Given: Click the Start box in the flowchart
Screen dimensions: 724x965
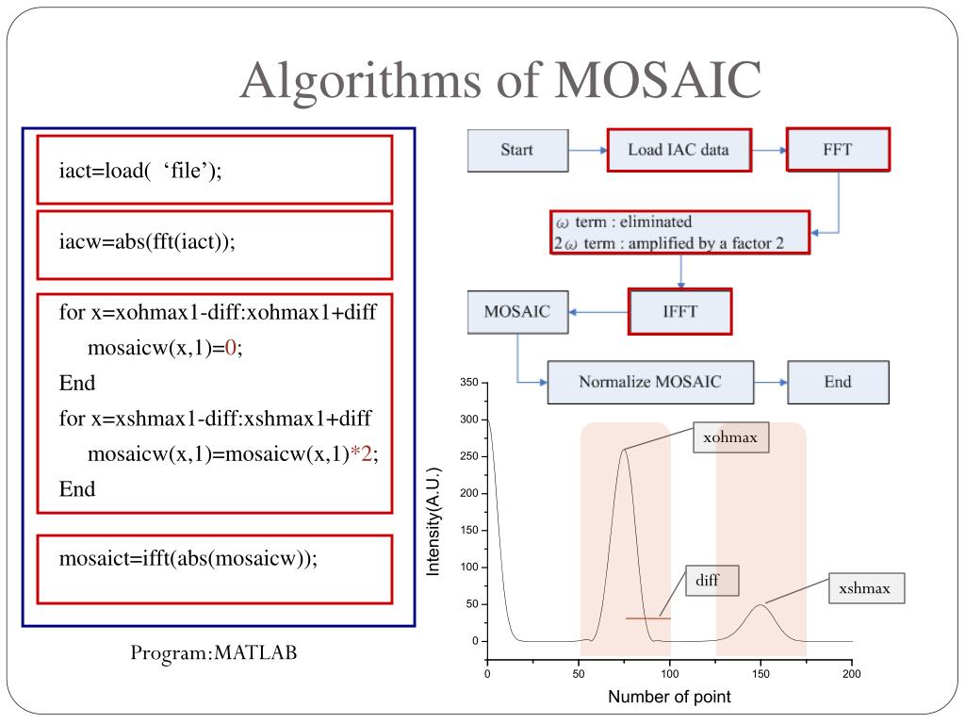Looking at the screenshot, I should pyautogui.click(x=517, y=150).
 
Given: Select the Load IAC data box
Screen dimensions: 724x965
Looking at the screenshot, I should pyautogui.click(x=678, y=150).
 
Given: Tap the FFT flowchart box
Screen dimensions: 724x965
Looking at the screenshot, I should pyautogui.click(x=838, y=150).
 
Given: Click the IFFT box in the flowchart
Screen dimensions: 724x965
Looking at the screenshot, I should pyautogui.click(x=679, y=310).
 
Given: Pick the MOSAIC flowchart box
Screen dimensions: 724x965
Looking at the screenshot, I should pyautogui.click(x=516, y=311).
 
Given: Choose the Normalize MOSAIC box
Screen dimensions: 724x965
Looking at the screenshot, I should pyautogui.click(x=650, y=382).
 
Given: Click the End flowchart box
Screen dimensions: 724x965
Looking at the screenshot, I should pyautogui.click(x=837, y=382).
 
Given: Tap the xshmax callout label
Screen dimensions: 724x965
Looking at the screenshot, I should pyautogui.click(x=865, y=589).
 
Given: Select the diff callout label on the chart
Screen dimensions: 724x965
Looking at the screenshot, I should pyautogui.click(x=708, y=581).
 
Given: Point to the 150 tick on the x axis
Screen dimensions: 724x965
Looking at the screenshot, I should pyautogui.click(x=761, y=674).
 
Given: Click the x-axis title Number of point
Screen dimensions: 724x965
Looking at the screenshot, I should pyautogui.click(x=669, y=698).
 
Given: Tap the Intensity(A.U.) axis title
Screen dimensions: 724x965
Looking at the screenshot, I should pyautogui.click(x=433, y=520).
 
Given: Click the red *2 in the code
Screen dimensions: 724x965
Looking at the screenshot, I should pyautogui.click(x=362, y=453).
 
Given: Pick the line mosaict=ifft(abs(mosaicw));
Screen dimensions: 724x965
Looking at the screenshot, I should pyautogui.click(x=188, y=557).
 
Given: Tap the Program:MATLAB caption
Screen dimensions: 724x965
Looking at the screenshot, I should pyautogui.click(x=214, y=652).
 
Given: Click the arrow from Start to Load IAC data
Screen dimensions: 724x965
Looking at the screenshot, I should pyautogui.click(x=588, y=150).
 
